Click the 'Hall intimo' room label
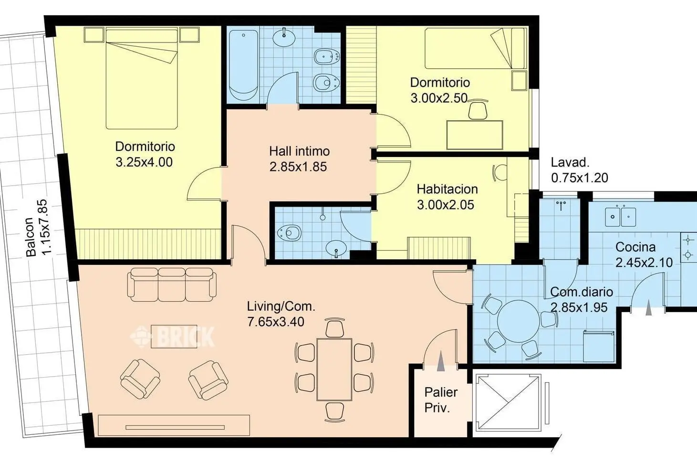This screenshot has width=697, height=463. pyautogui.click(x=299, y=151)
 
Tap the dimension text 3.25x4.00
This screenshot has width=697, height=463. pyautogui.click(x=144, y=162)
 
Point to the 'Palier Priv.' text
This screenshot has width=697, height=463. pyautogui.click(x=441, y=400)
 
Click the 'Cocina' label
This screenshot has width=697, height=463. pyautogui.click(x=635, y=247)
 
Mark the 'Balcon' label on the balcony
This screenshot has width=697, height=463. pyautogui.click(x=31, y=237)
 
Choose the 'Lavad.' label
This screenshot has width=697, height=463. pyautogui.click(x=570, y=162)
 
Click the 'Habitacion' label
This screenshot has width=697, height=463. pyautogui.click(x=447, y=189)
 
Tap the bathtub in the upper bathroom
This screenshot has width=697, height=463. pyautogui.click(x=244, y=65)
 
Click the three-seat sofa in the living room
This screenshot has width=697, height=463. pyautogui.click(x=172, y=284)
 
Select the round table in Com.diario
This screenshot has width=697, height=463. pyautogui.click(x=518, y=321)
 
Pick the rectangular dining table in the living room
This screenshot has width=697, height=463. pyautogui.click(x=334, y=369)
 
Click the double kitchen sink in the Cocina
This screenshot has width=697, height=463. pyautogui.click(x=621, y=217)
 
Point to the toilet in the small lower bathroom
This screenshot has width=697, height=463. pyautogui.click(x=289, y=232)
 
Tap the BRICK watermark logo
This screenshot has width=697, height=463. pyautogui.click(x=172, y=337)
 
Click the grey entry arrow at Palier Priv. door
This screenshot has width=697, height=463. pyautogui.click(x=441, y=361)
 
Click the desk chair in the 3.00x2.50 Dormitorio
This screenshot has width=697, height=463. pyautogui.click(x=478, y=109)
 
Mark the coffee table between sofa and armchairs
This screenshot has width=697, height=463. pyautogui.click(x=174, y=337)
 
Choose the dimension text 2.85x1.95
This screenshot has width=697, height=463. pyautogui.click(x=579, y=307)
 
